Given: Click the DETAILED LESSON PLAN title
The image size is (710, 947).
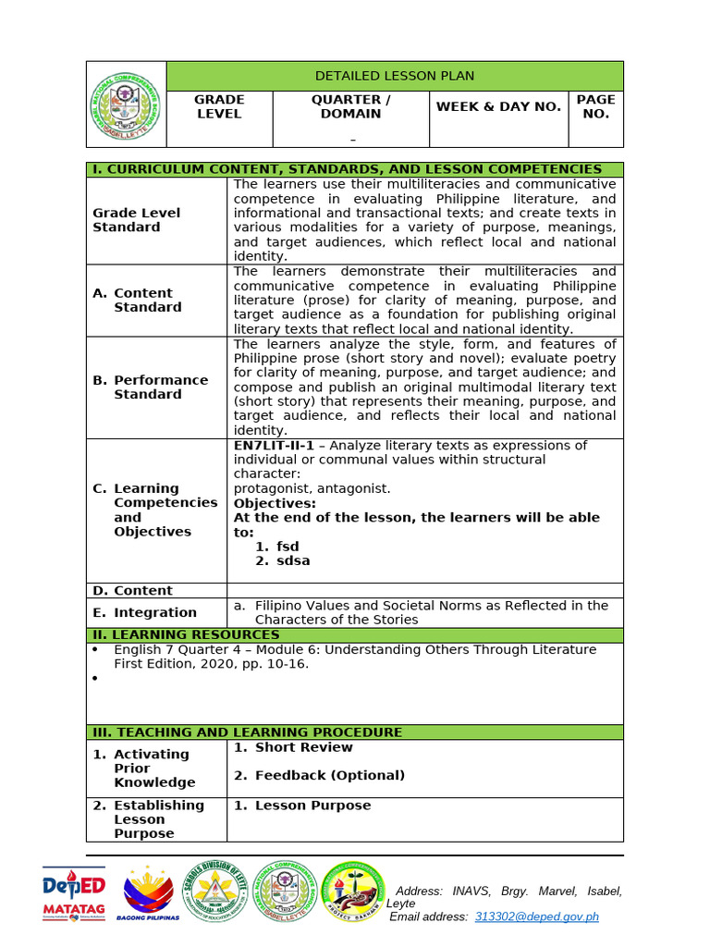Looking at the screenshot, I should click(x=394, y=76).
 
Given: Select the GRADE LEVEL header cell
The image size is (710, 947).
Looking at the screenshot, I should click(x=219, y=106).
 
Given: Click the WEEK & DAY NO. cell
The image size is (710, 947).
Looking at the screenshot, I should click(x=498, y=106).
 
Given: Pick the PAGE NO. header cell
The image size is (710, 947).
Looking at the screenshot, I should click(x=595, y=106).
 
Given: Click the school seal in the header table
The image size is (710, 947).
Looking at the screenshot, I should click(x=127, y=105).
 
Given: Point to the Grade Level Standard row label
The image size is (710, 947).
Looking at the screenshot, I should click(x=136, y=220).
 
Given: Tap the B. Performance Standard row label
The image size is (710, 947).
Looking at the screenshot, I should click(x=147, y=387).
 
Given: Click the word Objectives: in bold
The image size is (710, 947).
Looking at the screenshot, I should click(x=275, y=503).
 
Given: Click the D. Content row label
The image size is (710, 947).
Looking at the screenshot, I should click(x=132, y=590).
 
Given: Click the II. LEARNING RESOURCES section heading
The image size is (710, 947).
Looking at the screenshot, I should click(x=184, y=634).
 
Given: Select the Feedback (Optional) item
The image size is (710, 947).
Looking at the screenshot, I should click(x=329, y=775).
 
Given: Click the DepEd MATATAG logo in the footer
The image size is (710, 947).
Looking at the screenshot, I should click(x=74, y=893).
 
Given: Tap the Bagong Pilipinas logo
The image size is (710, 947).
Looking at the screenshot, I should click(x=148, y=893).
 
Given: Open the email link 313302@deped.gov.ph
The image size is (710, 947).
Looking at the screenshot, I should click(x=536, y=916).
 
